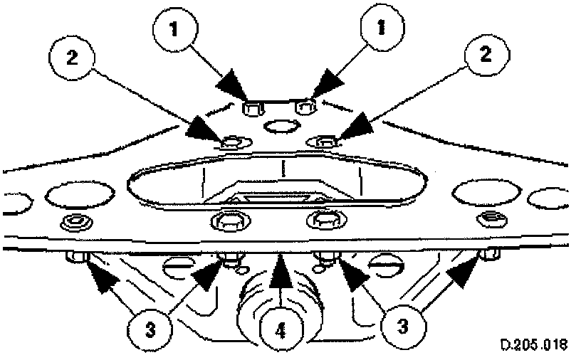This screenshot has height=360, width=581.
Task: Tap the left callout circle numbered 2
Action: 72,58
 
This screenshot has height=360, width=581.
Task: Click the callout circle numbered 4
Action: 281,331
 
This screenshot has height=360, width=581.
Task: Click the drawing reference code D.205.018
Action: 534,344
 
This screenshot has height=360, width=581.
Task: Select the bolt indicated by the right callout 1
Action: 305,107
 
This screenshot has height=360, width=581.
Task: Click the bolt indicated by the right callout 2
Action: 322,141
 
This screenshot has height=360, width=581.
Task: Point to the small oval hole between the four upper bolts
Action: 281,127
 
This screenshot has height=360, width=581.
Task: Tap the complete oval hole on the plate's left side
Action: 80,194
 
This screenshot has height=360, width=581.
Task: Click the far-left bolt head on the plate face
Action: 76,222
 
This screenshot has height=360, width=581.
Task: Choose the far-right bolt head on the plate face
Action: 491,219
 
